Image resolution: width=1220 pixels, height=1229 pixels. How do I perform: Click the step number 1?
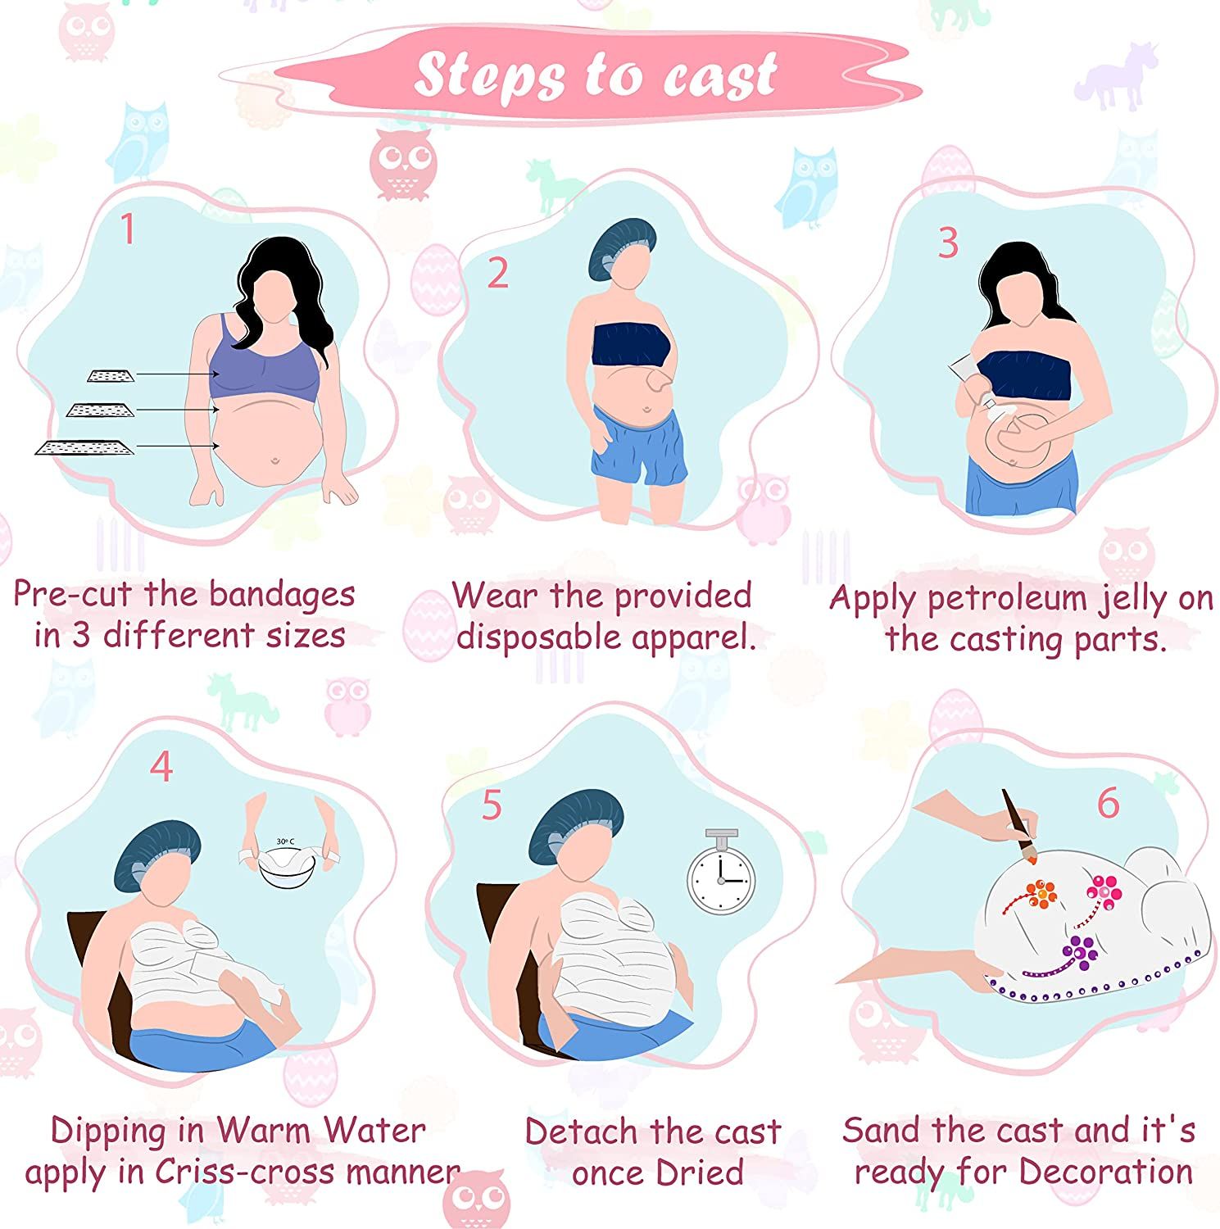coord(128,229)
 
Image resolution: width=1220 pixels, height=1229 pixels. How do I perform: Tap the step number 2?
coord(497,273)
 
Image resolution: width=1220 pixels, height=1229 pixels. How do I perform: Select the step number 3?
coord(948,243)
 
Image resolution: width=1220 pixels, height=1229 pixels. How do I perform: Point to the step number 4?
coord(161,766)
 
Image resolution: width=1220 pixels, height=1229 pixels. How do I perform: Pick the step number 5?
coord(492,805)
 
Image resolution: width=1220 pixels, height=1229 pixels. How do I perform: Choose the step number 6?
coord(1108,803)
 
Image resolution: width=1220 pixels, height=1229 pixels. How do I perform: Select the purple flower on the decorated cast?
coord(1081,950)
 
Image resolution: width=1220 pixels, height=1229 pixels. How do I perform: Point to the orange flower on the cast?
coord(1041,893)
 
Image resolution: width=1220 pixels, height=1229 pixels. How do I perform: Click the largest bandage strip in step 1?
coord(84,447)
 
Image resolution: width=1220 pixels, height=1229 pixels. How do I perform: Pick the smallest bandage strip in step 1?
coord(111,376)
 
